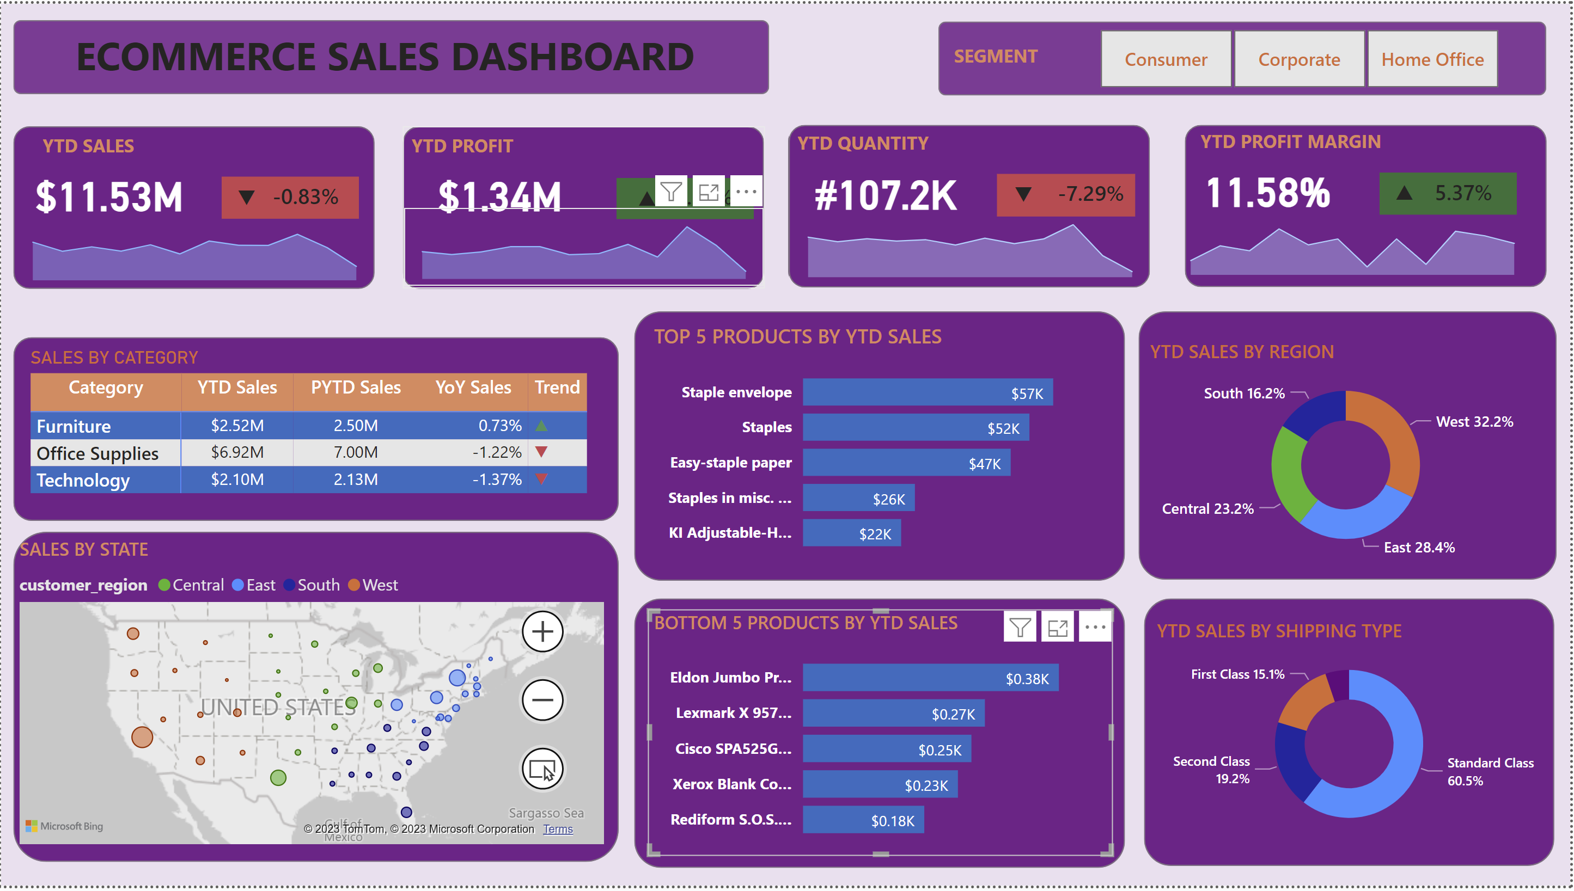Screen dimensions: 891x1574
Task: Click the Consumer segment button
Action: tap(1165, 59)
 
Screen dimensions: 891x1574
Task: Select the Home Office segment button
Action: tap(1432, 59)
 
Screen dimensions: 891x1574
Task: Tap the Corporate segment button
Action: tap(1298, 59)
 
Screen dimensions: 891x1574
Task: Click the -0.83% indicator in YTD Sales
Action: tap(290, 197)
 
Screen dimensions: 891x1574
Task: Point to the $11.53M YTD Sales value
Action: tap(109, 197)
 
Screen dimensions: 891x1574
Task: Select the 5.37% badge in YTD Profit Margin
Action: tap(1447, 193)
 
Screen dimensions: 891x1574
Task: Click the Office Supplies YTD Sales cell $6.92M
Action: tap(237, 452)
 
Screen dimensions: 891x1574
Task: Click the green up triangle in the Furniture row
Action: tap(541, 425)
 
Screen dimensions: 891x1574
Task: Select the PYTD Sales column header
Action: tap(355, 388)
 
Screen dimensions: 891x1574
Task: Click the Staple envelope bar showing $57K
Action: tap(927, 392)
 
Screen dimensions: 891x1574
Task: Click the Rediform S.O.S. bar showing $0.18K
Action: tap(863, 820)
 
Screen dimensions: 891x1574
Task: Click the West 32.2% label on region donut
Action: tap(1474, 422)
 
